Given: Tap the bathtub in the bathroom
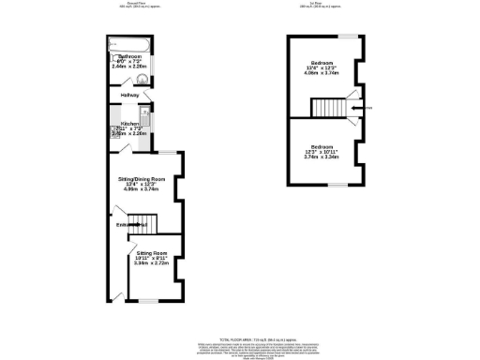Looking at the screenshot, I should (127, 42).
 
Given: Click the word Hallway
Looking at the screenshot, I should (129, 96).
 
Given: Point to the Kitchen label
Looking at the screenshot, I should (129, 123).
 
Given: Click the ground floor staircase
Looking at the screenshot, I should (142, 222).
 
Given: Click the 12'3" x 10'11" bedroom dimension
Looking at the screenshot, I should (322, 152).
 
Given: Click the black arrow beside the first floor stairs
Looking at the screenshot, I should (353, 108).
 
